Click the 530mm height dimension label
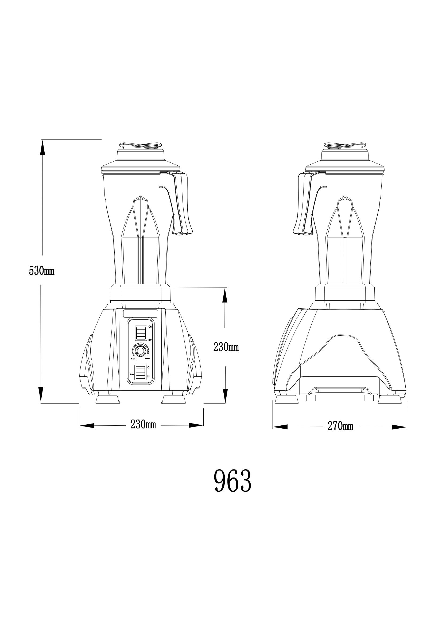coord(42,271)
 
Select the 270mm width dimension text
coord(340,426)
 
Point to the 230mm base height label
coord(226,347)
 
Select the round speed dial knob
coord(141,351)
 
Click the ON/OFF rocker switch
coord(141,333)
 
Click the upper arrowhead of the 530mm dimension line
coord(42,147)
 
